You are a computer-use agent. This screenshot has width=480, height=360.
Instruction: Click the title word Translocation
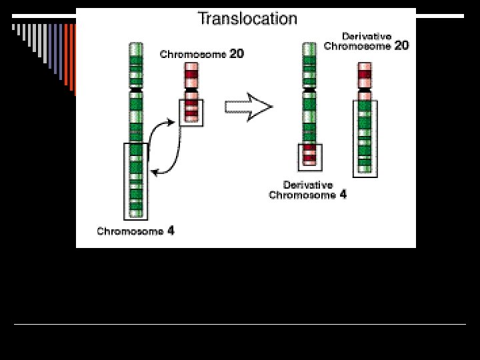(x=247, y=19)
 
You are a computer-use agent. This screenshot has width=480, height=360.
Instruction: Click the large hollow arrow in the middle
(x=249, y=108)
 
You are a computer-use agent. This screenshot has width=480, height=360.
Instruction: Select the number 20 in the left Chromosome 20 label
(x=237, y=55)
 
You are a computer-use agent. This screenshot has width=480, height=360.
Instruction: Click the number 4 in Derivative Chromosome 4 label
(x=343, y=195)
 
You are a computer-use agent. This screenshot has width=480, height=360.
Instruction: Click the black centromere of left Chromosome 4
(x=136, y=89)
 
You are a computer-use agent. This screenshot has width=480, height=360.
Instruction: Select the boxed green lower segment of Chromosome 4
(x=136, y=181)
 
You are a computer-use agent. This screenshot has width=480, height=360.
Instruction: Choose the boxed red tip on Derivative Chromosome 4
(x=309, y=155)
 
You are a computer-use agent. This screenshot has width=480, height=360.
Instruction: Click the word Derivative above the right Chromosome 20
(x=367, y=35)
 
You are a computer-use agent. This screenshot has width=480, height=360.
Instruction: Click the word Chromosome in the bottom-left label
(x=130, y=231)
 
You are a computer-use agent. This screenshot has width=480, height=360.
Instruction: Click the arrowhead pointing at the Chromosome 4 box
(x=155, y=173)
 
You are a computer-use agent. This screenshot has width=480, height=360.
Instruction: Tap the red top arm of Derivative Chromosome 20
(x=365, y=73)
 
